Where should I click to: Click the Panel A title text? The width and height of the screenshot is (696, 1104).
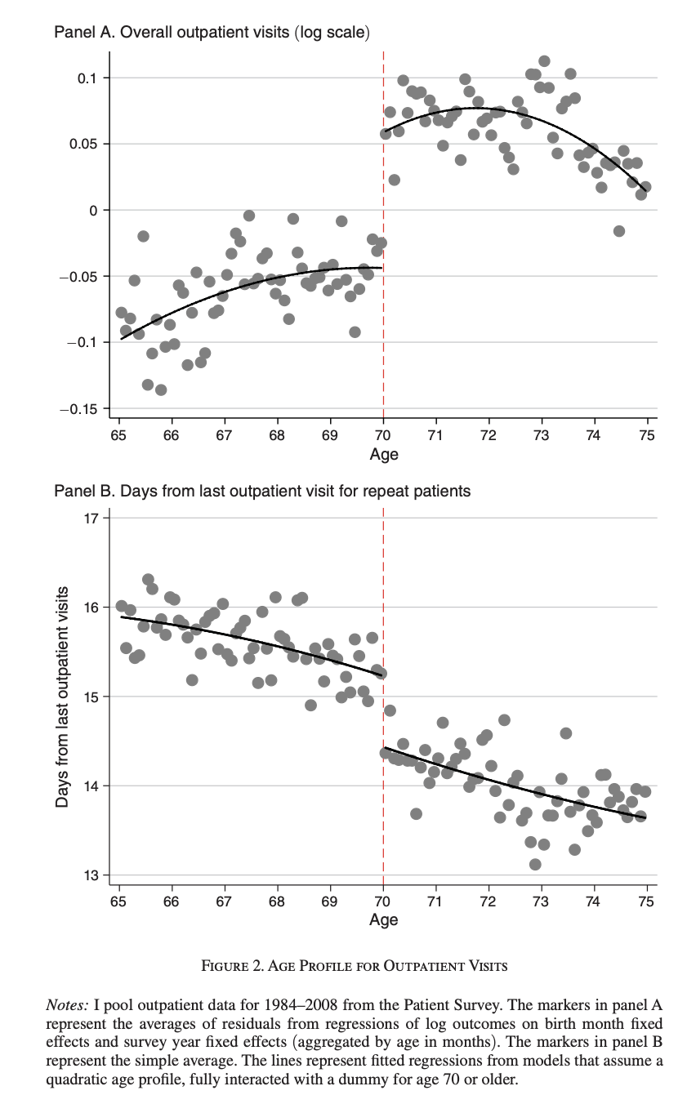click(x=212, y=33)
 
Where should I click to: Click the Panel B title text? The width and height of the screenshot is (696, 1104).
click(x=261, y=491)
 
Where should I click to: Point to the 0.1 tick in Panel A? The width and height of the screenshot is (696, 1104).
click(x=87, y=78)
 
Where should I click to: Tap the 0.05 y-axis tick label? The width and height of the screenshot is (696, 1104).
click(x=84, y=145)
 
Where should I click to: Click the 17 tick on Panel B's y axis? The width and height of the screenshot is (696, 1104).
click(x=90, y=518)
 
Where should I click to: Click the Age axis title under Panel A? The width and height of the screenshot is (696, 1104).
click(x=383, y=454)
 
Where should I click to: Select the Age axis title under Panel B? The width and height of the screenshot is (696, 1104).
click(x=383, y=919)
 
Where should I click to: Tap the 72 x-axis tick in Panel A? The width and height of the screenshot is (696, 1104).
click(x=489, y=435)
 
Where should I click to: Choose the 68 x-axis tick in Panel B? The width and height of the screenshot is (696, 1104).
click(x=277, y=901)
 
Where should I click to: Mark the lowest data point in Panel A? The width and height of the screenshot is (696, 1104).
click(x=161, y=390)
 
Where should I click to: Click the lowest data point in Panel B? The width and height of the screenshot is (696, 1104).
click(x=535, y=864)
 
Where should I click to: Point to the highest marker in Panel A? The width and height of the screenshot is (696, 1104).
click(x=544, y=61)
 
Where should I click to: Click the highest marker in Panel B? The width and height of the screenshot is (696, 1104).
click(x=148, y=580)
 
